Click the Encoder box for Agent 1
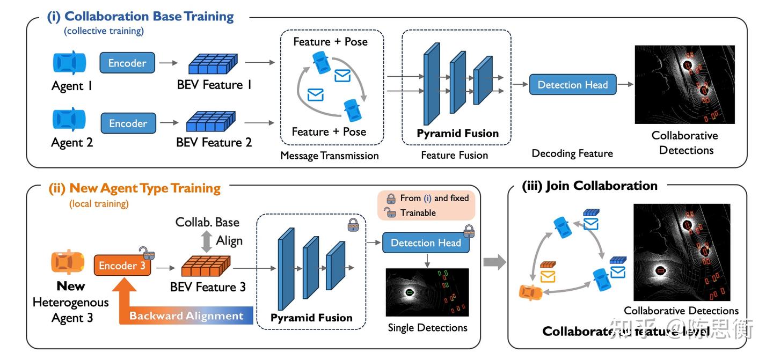[x=127, y=63]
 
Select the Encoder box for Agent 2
[x=128, y=123]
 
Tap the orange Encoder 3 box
[x=122, y=266]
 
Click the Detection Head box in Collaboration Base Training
[x=572, y=85]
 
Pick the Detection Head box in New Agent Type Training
[x=426, y=243]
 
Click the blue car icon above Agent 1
[x=69, y=63]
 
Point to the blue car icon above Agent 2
[x=69, y=120]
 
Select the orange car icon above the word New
[x=68, y=263]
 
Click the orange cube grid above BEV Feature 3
[x=206, y=266]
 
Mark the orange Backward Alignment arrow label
[x=186, y=316]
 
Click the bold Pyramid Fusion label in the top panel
[x=457, y=133]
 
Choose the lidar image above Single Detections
[x=427, y=292]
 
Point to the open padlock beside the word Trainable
[x=391, y=212]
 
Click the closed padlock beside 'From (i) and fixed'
[x=391, y=198]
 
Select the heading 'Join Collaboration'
[x=601, y=186]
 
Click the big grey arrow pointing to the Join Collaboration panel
[x=494, y=262]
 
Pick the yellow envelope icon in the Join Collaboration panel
[x=548, y=276]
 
